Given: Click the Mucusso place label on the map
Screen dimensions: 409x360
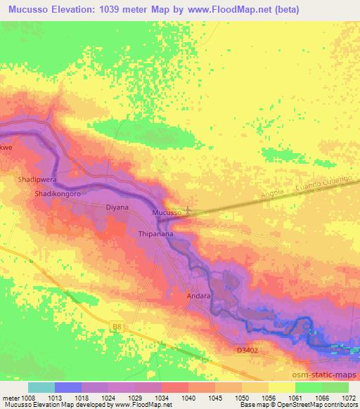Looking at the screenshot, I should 167,212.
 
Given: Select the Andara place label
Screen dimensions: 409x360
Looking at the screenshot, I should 198,297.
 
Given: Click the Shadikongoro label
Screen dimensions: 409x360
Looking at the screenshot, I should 59,193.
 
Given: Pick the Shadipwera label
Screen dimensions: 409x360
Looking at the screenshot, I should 37,180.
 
